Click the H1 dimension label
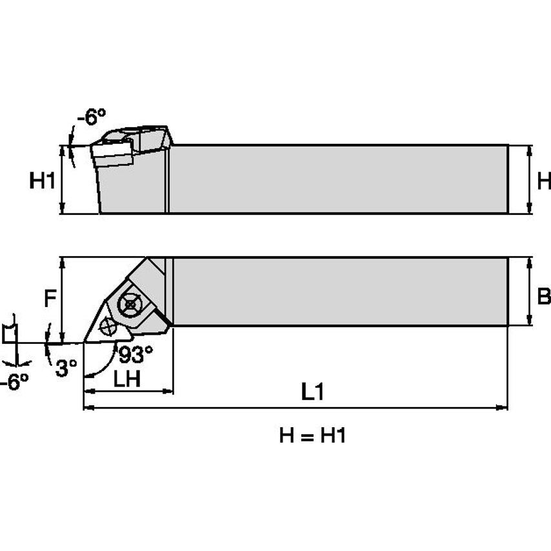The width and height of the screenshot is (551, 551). (42, 181)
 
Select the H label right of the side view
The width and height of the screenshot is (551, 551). (544, 181)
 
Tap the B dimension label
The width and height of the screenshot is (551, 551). (544, 296)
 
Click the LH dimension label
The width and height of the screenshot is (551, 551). (127, 380)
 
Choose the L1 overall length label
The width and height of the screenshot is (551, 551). (312, 392)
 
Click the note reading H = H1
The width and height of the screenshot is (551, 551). (313, 436)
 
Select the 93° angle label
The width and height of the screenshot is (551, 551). (136, 354)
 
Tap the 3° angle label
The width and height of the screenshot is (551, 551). (66, 367)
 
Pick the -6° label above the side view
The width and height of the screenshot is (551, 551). (90, 117)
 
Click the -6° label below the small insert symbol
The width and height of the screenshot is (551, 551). (14, 382)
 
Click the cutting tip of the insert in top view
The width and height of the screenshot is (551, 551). (85, 341)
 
